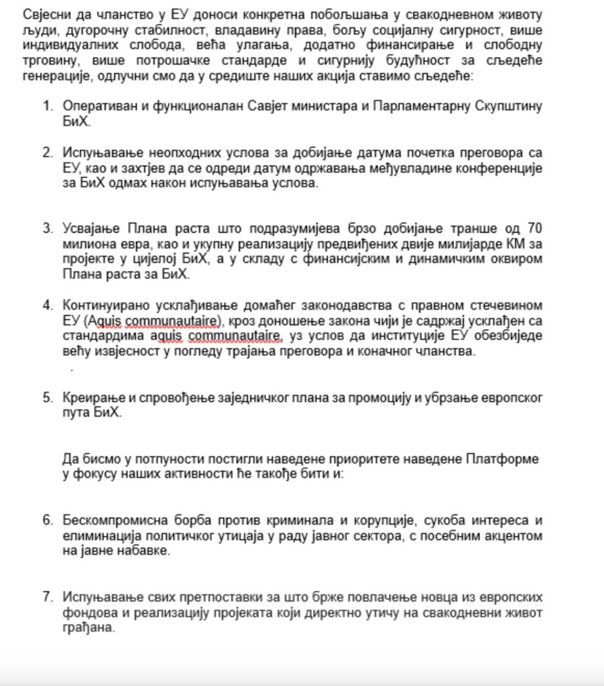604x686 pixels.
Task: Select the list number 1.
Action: (x=47, y=106)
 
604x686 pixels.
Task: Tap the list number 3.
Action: (x=47, y=228)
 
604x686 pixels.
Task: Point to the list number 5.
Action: (x=47, y=397)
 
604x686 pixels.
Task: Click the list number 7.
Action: (x=47, y=596)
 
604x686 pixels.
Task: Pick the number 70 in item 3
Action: (x=534, y=228)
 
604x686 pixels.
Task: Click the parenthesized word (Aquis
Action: (x=103, y=320)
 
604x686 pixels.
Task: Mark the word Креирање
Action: (x=88, y=397)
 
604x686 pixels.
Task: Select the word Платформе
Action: (x=507, y=459)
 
